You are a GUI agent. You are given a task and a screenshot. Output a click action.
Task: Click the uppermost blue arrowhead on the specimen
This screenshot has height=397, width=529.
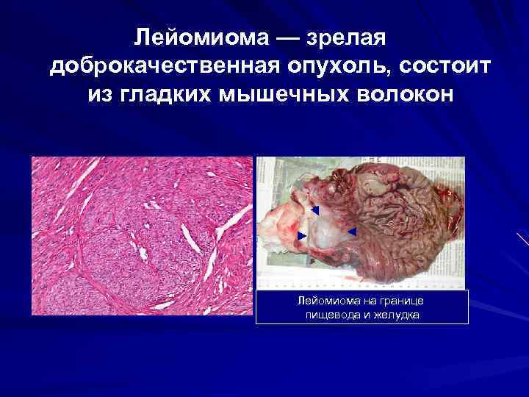(x=314, y=211)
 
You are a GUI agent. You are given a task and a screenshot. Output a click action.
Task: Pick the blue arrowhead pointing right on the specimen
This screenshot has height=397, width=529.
(x=302, y=235)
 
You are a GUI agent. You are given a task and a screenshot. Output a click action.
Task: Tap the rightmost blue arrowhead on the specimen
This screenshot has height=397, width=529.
(x=351, y=232)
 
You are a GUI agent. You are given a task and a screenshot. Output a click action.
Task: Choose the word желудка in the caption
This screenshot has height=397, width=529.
(x=397, y=315)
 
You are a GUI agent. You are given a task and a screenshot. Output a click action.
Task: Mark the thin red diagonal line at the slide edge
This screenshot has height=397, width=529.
(x=522, y=239)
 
